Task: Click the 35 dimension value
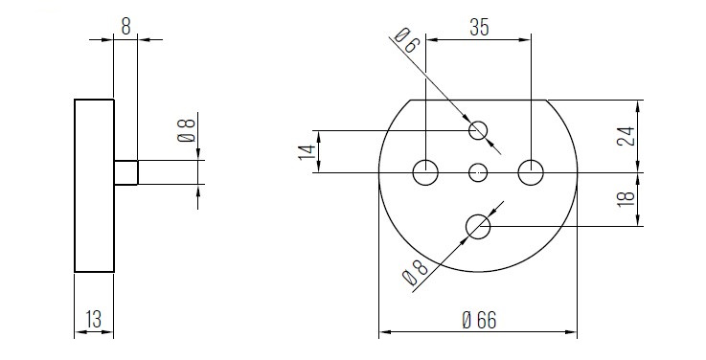[x=479, y=28]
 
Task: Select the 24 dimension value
[x=626, y=136]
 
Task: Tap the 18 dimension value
[x=626, y=200]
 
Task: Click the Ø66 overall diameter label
[x=478, y=321]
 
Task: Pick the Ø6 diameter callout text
[x=406, y=41]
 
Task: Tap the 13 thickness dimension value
[x=93, y=318]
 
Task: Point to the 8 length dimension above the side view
[x=125, y=27]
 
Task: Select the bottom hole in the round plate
[x=478, y=226]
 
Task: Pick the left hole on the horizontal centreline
[x=425, y=172]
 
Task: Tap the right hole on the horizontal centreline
[x=531, y=172]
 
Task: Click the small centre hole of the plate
[x=479, y=172]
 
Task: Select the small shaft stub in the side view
[x=125, y=172]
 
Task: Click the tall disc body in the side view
[x=94, y=186]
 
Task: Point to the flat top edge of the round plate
[x=478, y=100]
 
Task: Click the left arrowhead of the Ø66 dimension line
[x=384, y=333]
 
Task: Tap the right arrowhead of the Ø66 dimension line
[x=572, y=333]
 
